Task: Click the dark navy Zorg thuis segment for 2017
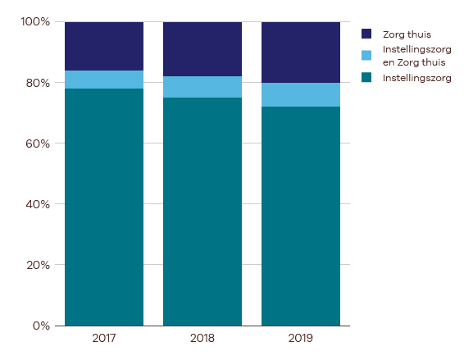[104, 46]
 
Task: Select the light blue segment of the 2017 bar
[104, 80]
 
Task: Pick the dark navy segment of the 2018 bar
[202, 49]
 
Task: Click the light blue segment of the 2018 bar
[202, 87]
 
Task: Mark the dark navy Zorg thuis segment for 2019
[301, 52]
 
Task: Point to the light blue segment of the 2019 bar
[301, 95]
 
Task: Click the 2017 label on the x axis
[104, 338]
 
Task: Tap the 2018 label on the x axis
[202, 338]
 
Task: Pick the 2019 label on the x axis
[301, 338]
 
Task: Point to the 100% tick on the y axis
[35, 22]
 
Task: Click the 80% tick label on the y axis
[38, 83]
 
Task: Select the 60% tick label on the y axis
[38, 144]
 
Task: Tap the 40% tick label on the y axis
[38, 204]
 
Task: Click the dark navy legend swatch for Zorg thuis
[366, 34]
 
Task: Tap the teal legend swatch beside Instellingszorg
[366, 78]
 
